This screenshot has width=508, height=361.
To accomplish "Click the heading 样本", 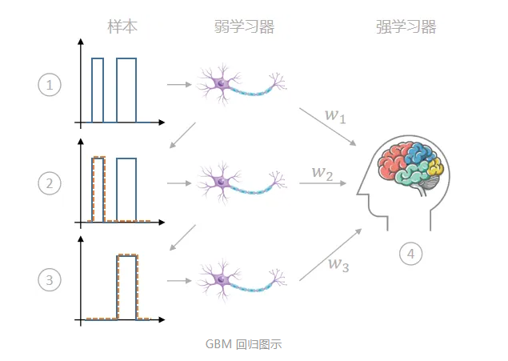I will click(122, 26).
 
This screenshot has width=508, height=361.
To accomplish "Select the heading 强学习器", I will click(406, 27).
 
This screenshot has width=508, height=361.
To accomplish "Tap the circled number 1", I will click(50, 84).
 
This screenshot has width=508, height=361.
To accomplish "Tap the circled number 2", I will click(50, 183).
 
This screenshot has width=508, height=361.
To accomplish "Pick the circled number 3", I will click(50, 279).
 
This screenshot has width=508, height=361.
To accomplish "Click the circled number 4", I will click(410, 254).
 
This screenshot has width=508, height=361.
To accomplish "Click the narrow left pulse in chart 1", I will click(98, 90).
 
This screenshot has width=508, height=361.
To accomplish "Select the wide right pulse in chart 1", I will click(126, 90).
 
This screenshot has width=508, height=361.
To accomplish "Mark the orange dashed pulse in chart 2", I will click(98, 188).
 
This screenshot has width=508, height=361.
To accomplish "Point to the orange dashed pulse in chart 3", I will click(127, 286).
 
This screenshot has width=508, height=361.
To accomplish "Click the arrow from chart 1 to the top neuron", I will click(178, 83).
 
